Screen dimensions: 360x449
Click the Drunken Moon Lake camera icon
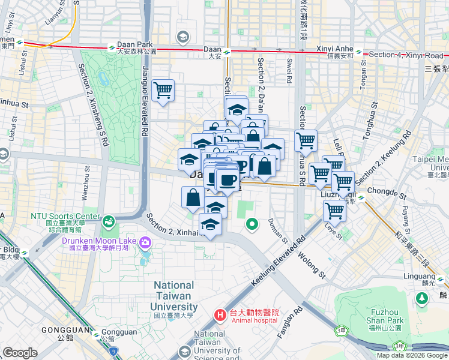point(144,242)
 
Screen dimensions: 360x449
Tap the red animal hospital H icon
point(220,314)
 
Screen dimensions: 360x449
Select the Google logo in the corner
point(20,352)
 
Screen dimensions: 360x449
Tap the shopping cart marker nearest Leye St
point(334,211)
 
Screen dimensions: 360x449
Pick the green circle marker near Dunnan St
point(252,224)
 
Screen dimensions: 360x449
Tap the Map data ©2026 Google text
point(412,355)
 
